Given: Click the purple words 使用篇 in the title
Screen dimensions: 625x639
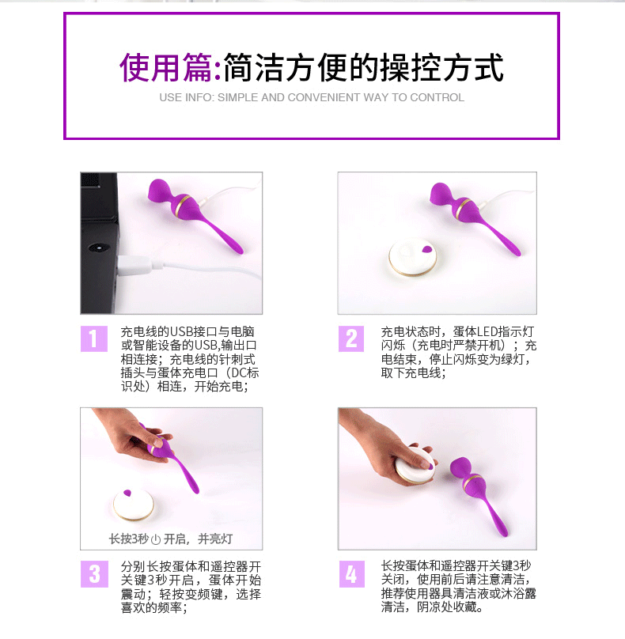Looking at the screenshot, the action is coord(165,67).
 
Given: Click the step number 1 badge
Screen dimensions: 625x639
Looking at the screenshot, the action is coord(94,338).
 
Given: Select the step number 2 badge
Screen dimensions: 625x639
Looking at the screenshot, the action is coord(351,338).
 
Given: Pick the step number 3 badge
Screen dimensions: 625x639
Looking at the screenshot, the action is coord(94,574).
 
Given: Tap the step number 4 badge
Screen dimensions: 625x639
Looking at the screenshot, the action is coord(351,574).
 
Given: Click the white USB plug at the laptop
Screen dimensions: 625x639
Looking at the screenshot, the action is coord(134,265).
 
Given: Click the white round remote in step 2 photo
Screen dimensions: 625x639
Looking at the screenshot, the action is coord(412,258).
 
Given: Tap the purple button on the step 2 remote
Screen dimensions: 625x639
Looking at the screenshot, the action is coord(427,249).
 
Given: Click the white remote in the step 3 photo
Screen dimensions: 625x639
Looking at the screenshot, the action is coord(134,505).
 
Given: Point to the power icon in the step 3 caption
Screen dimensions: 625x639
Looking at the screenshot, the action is coord(156,539).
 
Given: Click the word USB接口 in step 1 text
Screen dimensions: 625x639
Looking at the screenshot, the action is coord(193,331).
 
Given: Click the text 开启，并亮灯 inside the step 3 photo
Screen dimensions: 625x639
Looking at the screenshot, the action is coord(198,539).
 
